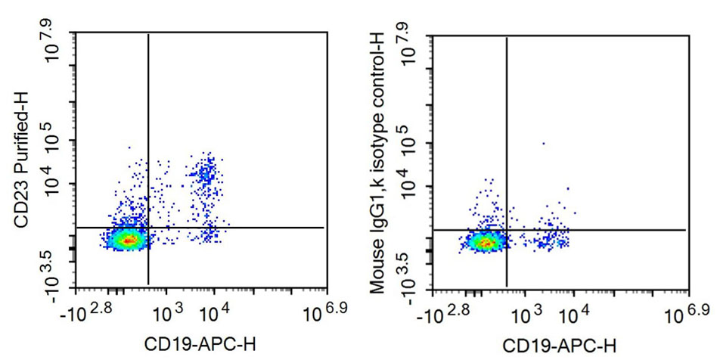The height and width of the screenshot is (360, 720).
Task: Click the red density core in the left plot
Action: click(129, 241)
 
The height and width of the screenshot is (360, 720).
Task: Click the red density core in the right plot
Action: click(486, 243)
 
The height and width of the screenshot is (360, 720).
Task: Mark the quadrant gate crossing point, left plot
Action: click(148, 227)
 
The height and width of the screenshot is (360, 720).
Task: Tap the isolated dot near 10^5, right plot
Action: click(543, 143)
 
